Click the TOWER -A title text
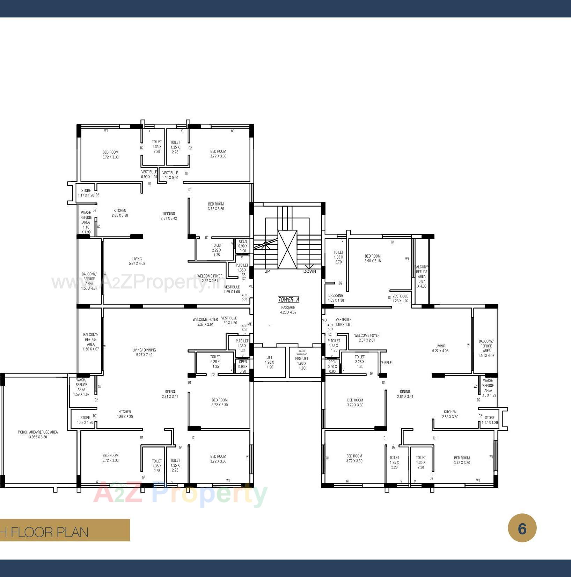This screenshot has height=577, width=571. (x=288, y=299)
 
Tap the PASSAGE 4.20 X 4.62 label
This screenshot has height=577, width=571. (x=288, y=310)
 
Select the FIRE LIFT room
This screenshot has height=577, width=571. (x=302, y=363)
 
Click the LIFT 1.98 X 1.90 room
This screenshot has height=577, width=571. (x=269, y=362)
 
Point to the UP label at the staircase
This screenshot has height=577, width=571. (x=267, y=271)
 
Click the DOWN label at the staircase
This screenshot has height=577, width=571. (x=309, y=271)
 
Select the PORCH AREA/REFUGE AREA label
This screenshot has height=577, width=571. (x=38, y=434)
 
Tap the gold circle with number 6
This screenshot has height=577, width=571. (x=522, y=528)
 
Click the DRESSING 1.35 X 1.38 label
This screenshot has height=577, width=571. (x=336, y=298)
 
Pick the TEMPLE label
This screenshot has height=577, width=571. (x=386, y=363)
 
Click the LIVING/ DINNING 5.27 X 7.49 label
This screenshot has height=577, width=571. (x=144, y=352)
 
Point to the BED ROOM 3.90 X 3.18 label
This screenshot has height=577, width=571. (x=373, y=258)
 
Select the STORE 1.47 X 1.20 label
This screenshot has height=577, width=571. (x=85, y=420)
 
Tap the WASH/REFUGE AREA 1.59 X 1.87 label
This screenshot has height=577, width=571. (x=81, y=387)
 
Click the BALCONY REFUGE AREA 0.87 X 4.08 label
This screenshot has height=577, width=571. (x=422, y=276)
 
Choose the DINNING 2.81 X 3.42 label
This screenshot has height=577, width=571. (x=169, y=216)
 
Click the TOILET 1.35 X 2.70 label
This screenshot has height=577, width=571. (x=338, y=257)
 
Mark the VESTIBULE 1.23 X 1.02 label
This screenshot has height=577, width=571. (x=400, y=298)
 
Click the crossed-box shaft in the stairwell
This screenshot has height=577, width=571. (x=287, y=249)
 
